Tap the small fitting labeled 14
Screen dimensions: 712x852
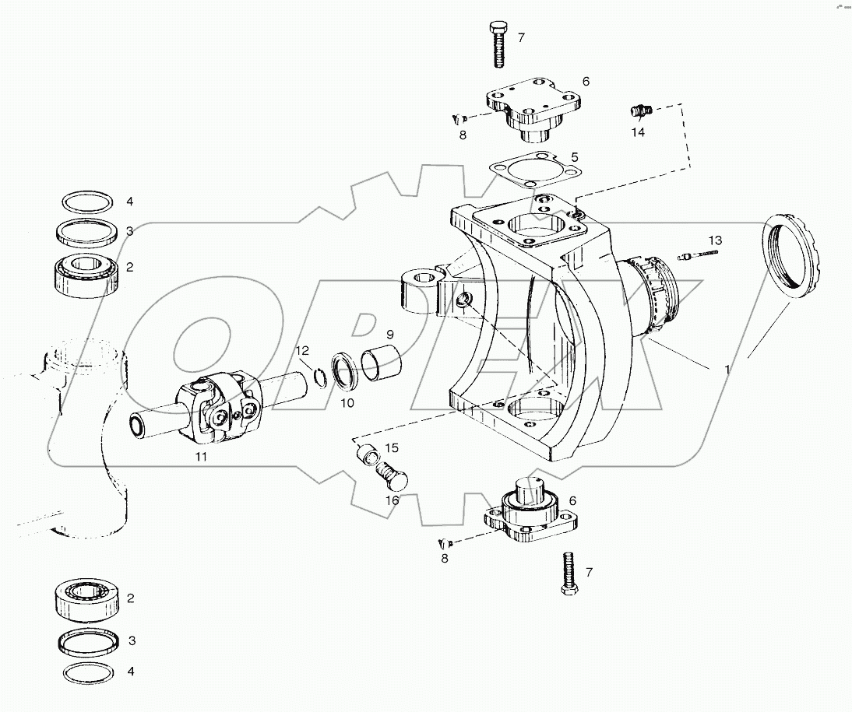(x=639, y=111)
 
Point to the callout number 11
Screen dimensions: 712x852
(x=201, y=457)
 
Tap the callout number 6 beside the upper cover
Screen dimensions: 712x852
(x=585, y=81)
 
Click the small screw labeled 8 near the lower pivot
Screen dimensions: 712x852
(x=444, y=544)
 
